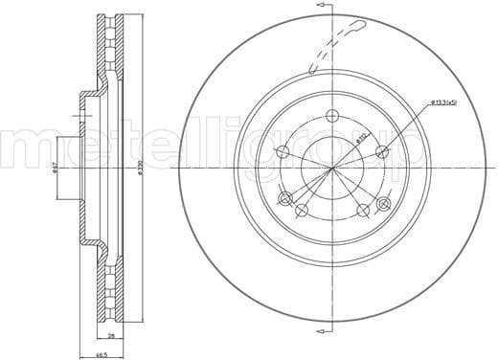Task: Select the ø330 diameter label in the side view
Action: [140, 168]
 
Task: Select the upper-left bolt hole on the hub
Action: [282, 152]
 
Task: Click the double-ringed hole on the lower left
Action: [283, 199]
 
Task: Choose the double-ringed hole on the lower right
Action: [384, 203]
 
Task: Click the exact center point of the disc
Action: [332, 170]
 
